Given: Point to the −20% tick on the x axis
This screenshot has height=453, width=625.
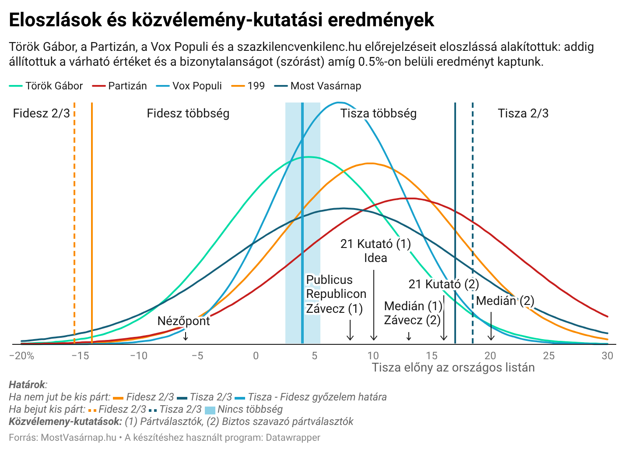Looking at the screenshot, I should [21, 356].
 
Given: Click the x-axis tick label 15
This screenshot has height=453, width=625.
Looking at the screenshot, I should [432, 356].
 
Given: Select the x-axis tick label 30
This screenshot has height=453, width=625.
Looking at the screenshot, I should [607, 356].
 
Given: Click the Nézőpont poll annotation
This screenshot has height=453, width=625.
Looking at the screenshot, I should [183, 321].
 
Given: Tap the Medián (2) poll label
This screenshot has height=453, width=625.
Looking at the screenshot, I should [505, 301].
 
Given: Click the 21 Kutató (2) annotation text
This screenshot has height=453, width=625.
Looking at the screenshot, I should [443, 284].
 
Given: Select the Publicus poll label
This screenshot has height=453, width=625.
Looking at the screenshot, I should [329, 280].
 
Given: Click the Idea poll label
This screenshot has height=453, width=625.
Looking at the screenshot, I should [375, 258].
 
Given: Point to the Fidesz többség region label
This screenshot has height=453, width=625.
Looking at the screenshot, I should [188, 113].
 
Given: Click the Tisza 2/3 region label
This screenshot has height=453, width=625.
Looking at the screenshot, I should [523, 113].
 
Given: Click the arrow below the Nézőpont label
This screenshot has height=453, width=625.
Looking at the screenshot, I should [186, 336].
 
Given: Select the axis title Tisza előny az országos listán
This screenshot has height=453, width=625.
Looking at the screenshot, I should [453, 368].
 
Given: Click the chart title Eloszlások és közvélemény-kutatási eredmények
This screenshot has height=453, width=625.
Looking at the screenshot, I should [221, 20].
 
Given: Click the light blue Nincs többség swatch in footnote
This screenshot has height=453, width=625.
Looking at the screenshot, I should [210, 410].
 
